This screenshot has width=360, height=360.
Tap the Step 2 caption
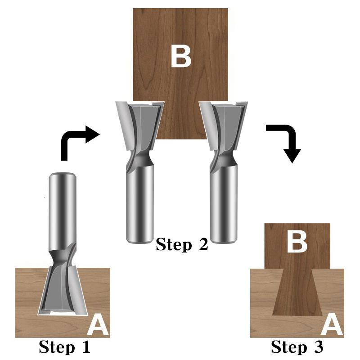pyautogui.click(x=182, y=244)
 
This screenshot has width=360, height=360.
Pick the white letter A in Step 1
pyautogui.click(x=98, y=325)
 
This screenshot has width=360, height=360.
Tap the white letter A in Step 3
pyautogui.click(x=333, y=325)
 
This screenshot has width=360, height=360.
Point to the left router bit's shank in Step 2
pyautogui.click(x=140, y=202)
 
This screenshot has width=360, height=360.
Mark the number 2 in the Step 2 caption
pyautogui.click(x=202, y=244)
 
